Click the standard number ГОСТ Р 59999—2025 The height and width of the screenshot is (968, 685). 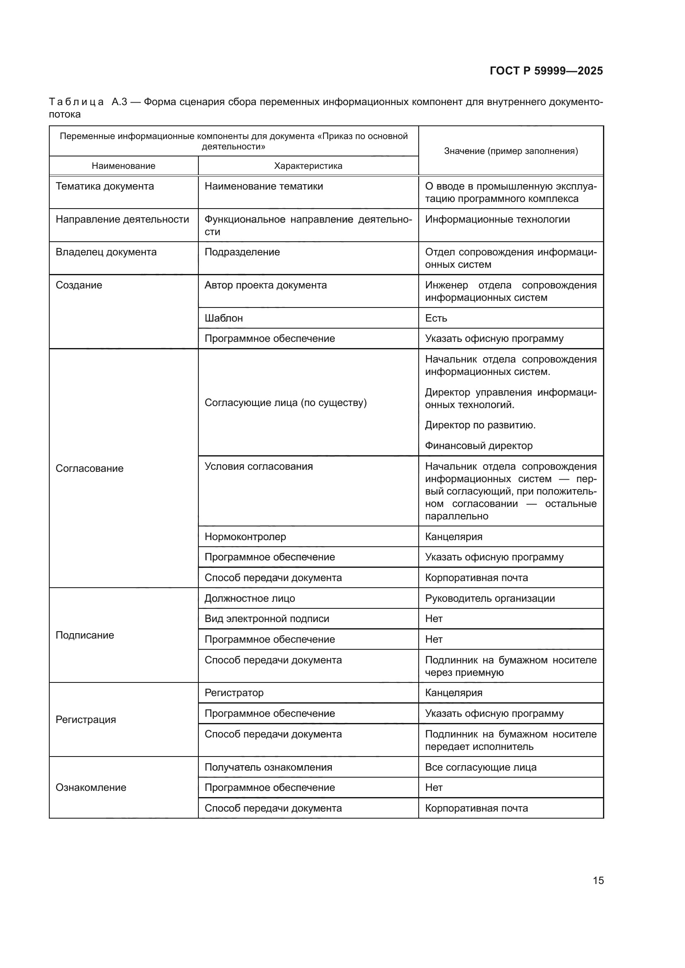pos(546,71)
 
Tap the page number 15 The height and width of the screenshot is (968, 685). pos(598,880)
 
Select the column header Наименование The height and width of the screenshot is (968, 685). pos(123,166)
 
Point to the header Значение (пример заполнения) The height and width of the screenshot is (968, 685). pos(511,151)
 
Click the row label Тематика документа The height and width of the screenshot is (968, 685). pos(105,186)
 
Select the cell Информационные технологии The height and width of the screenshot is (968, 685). pos(497,219)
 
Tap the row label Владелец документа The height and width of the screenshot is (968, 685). pos(106,252)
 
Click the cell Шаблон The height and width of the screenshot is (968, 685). pos(224,318)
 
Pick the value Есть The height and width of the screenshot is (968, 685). pos(436,318)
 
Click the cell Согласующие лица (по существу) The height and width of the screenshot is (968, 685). pos(286,403)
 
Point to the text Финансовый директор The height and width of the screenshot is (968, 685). pos(478,446)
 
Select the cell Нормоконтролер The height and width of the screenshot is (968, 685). pos(245,537)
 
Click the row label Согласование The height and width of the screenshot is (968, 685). pos(89,468)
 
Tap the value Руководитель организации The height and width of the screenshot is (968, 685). pos(490,598)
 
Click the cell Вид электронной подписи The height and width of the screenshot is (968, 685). pos(267,619)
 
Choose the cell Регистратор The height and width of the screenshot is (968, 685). pos(234,693)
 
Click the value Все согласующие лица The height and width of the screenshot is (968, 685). pos(480,767)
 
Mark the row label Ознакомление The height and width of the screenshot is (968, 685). pos(91,788)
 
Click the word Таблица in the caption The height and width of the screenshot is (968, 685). pos(76,102)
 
